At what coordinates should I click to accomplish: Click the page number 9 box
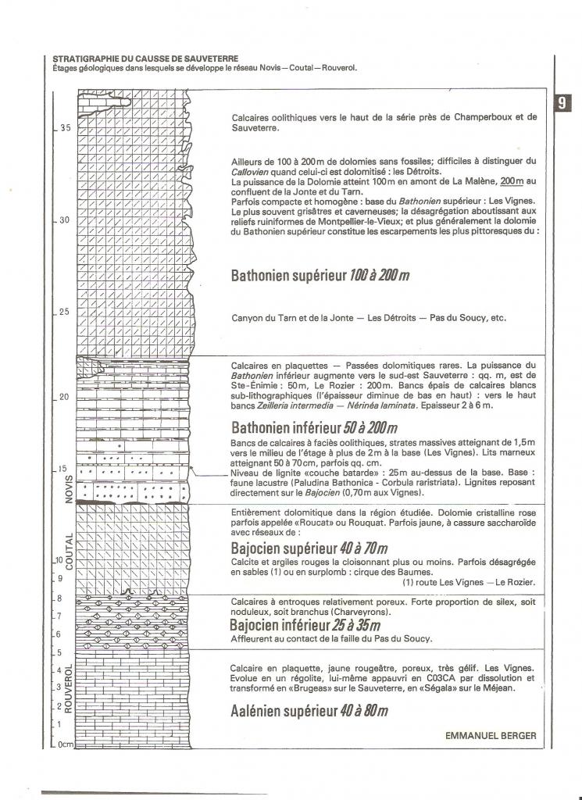tap(562, 102)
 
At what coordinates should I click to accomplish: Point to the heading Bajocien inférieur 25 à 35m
tap(305, 625)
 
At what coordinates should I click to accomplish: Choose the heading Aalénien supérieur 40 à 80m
tap(309, 711)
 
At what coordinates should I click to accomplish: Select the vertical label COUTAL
tap(70, 552)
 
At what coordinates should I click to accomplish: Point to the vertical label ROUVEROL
tap(70, 688)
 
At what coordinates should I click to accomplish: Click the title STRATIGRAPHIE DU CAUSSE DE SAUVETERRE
tap(145, 59)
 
